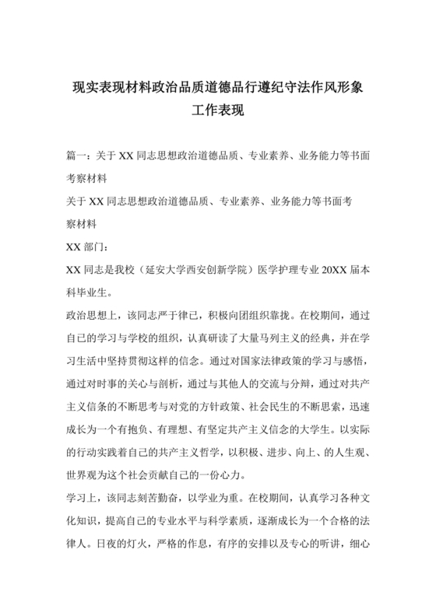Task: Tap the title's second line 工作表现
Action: coord(218,110)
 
